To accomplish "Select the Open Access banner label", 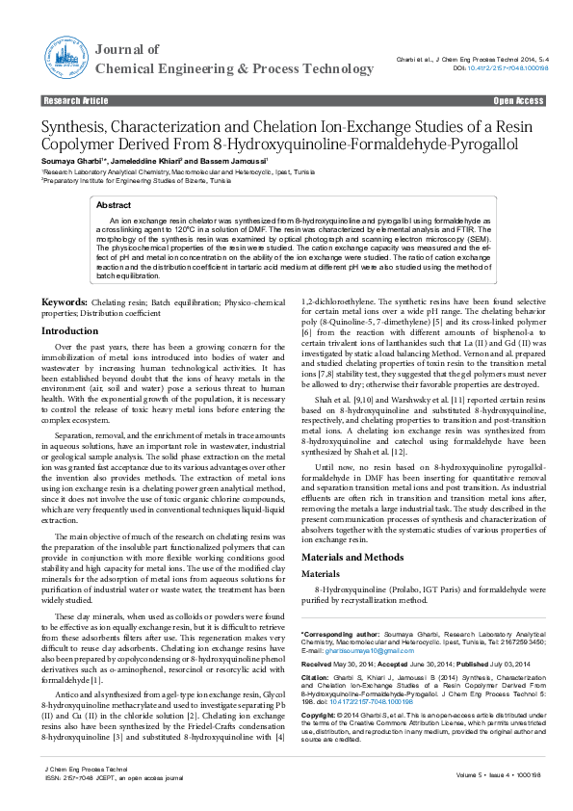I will tap(518, 100).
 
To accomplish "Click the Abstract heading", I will tap(114, 206).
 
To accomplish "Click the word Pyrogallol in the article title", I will tap(476, 144).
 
